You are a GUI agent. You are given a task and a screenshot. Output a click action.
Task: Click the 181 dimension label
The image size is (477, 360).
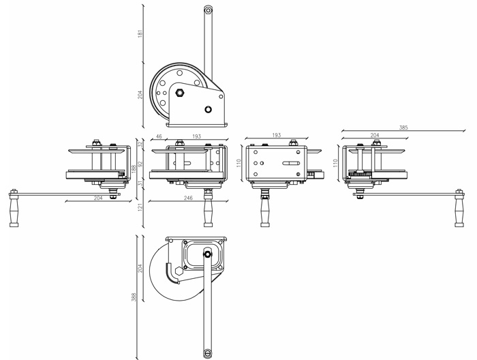pyautogui.click(x=140, y=33)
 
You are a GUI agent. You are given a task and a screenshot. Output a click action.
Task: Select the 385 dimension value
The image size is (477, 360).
pyautogui.click(x=403, y=127)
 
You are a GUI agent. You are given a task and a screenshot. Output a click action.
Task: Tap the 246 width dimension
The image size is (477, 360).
pyautogui.click(x=188, y=198)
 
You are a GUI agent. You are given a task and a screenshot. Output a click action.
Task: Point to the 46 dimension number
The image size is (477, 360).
pyautogui.click(x=159, y=136)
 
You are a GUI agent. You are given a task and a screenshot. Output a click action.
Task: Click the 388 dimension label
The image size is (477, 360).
pyautogui.click(x=134, y=297)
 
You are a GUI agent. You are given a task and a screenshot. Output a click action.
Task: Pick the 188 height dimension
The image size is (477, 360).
pyautogui.click(x=134, y=168)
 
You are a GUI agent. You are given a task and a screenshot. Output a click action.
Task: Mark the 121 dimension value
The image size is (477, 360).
pyautogui.click(x=140, y=208)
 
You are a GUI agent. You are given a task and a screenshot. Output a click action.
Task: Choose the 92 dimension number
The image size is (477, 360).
pyautogui.click(x=140, y=164)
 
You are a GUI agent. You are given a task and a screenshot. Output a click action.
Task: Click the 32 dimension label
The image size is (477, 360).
pyautogui.click(x=140, y=145)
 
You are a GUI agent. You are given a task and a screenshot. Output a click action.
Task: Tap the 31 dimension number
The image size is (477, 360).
pyautogui.click(x=140, y=183)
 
